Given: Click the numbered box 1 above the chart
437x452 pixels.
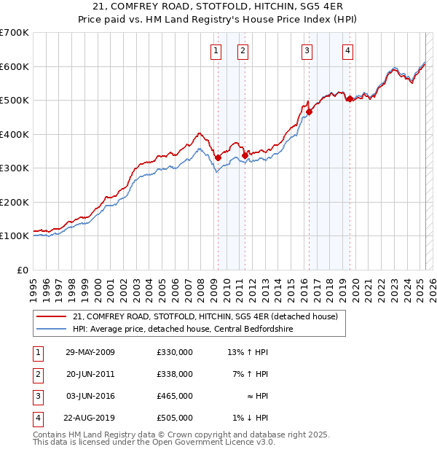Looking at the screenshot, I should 216,50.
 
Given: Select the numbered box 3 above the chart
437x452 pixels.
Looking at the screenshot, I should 307,50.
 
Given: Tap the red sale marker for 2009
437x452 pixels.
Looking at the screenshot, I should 218,157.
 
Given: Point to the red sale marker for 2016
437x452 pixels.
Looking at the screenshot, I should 309,112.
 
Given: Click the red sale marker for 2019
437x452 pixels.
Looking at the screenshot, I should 350,98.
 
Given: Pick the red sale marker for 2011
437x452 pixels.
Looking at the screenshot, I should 245,155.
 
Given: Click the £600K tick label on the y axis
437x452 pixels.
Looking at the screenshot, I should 15,66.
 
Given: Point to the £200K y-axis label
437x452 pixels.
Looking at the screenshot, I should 15,202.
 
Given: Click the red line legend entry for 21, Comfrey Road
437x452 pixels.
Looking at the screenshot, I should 205,317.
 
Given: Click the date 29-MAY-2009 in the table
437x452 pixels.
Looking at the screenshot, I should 90,352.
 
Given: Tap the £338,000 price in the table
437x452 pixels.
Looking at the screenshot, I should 174,374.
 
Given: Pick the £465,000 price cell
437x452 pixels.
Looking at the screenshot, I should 174,396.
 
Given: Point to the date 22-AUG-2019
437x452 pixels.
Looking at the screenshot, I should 90,418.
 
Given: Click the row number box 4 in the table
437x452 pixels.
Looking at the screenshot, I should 36,418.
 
